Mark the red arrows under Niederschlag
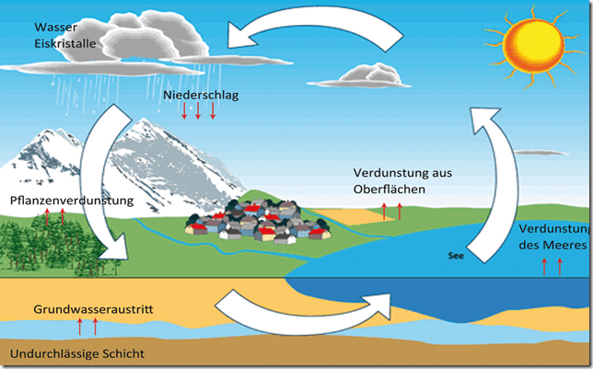198,112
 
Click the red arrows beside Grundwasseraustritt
87,326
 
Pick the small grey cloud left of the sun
367,74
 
